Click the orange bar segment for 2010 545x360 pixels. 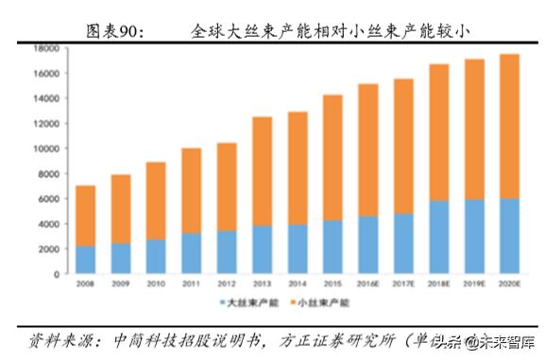pos(157,200)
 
